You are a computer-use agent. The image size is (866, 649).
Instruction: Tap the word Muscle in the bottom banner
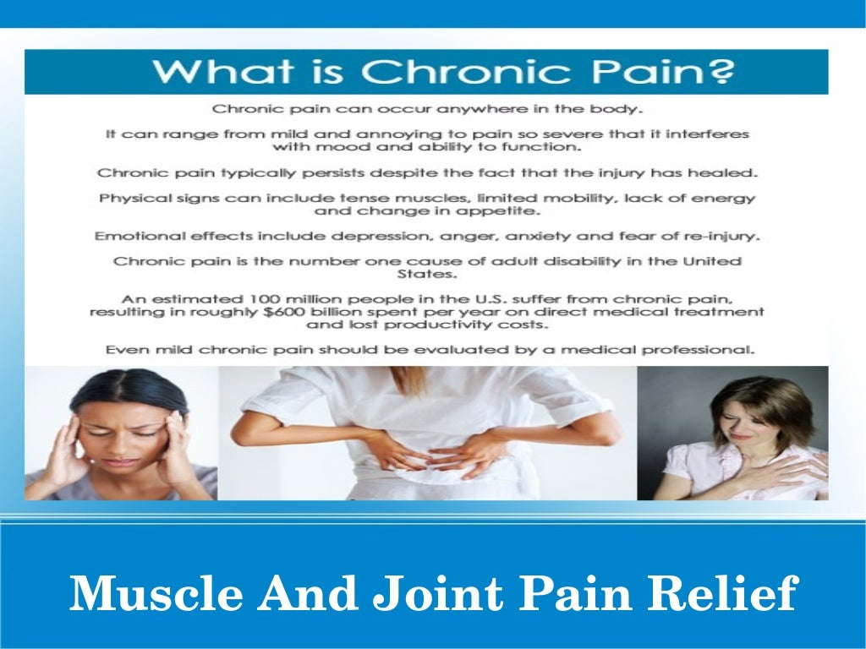click(155, 593)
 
